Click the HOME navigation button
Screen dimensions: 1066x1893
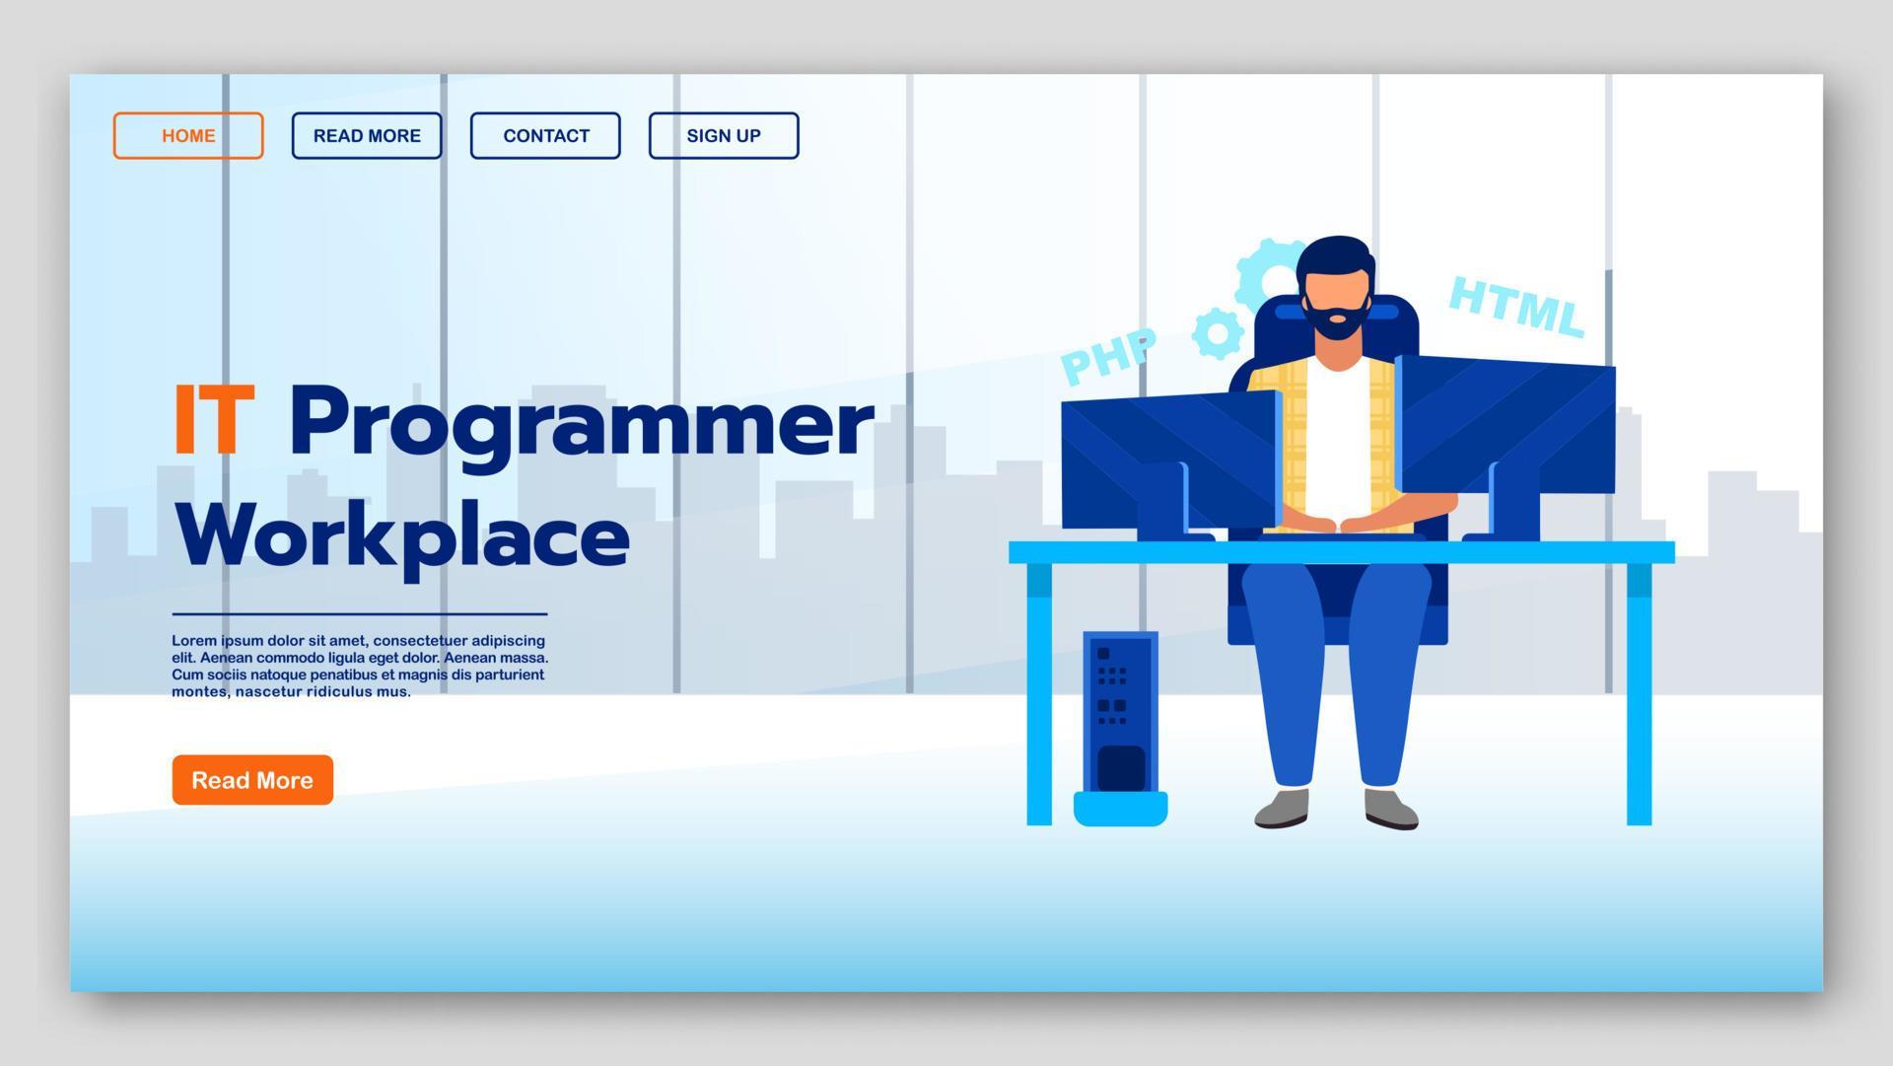(188, 136)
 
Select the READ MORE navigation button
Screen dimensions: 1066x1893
(367, 136)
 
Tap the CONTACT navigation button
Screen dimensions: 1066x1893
(545, 136)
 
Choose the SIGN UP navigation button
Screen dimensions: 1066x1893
(724, 136)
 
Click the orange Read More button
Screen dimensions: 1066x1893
(252, 780)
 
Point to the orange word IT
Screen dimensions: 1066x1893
(214, 421)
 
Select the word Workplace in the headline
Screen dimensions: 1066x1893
(402, 535)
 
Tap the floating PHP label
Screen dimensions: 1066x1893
(1108, 356)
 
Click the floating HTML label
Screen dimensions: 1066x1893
(1516, 307)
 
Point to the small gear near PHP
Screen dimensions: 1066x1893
(1218, 333)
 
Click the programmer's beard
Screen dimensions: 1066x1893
(1337, 321)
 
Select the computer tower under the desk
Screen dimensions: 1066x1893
(1120, 715)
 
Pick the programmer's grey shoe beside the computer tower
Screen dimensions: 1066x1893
(1283, 808)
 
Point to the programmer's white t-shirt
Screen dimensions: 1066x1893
(1336, 444)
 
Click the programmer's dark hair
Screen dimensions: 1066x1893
(1336, 255)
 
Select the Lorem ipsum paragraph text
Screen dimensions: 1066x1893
(360, 666)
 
